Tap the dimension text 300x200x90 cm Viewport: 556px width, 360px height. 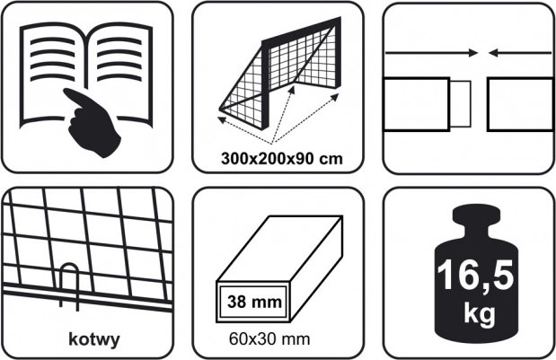point(282,158)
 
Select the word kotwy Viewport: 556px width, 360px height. point(94,339)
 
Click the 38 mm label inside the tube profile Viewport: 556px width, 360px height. point(254,302)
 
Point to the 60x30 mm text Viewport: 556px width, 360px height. point(269,338)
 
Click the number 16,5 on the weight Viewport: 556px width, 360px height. point(475,276)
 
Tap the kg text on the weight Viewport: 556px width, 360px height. point(479,313)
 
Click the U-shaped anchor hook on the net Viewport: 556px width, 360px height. point(69,285)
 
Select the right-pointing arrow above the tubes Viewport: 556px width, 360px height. point(431,53)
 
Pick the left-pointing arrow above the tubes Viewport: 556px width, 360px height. point(520,53)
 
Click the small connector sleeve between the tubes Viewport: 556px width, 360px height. point(461,104)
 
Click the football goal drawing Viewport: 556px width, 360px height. point(280,76)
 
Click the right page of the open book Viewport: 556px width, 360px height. point(120,75)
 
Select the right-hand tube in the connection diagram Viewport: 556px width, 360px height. point(520,104)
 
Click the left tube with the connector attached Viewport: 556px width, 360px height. point(417,104)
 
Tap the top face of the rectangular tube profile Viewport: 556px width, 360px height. point(279,248)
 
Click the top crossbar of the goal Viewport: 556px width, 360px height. point(302,32)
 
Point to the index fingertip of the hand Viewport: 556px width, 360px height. point(66,92)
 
